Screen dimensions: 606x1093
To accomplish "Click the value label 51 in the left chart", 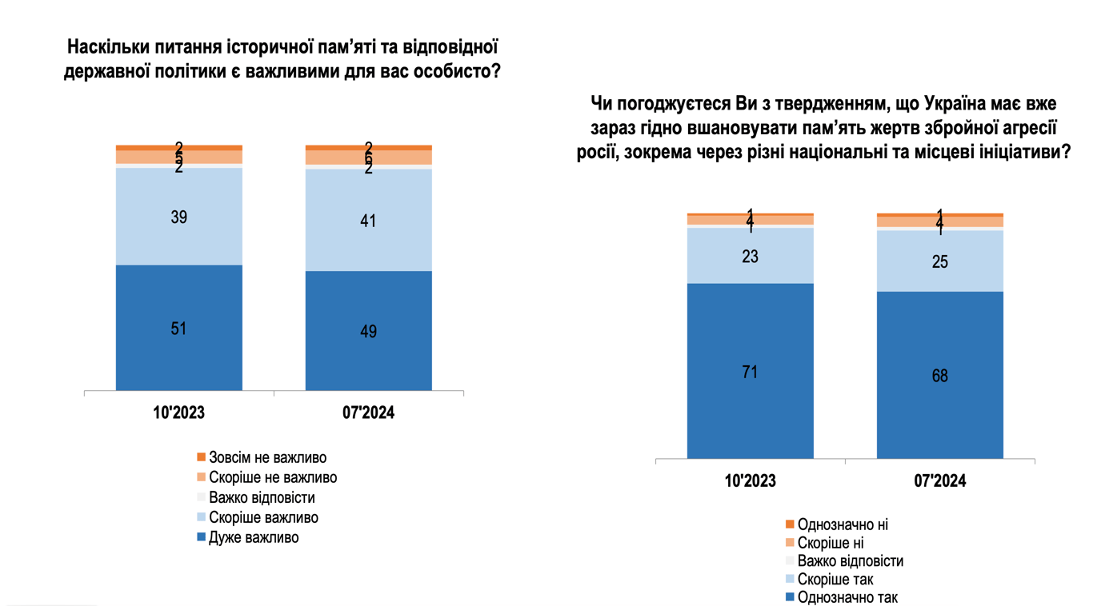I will (178, 329).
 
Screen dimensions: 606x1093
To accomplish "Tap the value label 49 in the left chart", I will (368, 332).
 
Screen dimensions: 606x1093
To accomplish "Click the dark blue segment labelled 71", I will (750, 400).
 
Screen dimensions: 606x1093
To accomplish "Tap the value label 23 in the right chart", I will (750, 257).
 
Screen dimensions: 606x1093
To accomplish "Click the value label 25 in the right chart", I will (939, 261).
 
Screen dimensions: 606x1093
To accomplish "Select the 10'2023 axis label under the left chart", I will (178, 413).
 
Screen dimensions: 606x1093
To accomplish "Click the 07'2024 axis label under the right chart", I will (939, 481).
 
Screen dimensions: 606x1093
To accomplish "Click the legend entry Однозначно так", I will (847, 597).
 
